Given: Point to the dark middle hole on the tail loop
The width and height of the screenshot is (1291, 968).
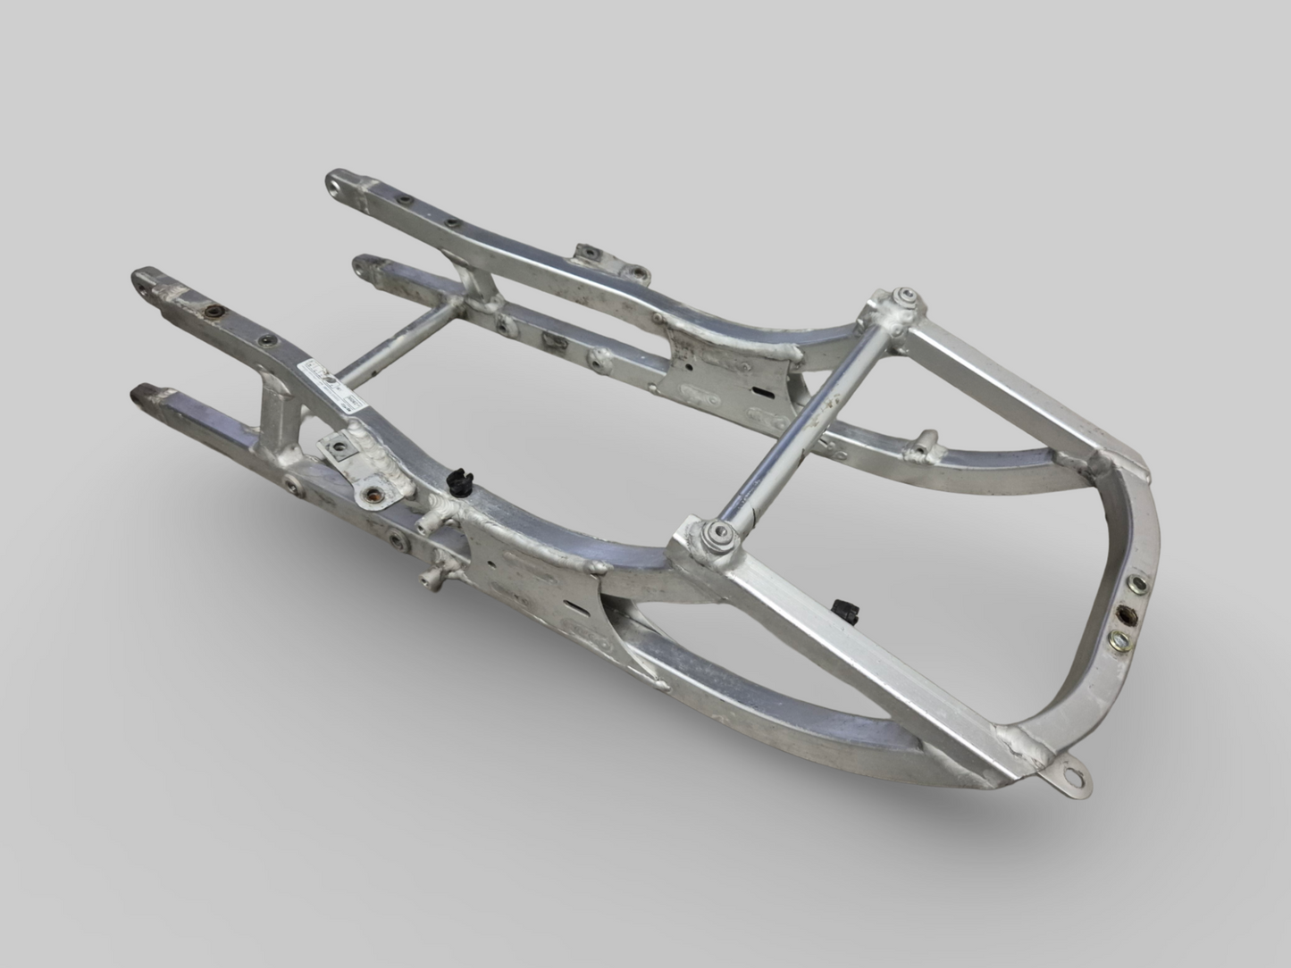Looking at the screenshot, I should tap(1127, 616).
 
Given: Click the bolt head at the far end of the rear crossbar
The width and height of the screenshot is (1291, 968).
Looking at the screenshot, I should tap(905, 296).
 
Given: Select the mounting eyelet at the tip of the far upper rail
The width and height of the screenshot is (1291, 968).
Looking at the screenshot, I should tap(338, 185).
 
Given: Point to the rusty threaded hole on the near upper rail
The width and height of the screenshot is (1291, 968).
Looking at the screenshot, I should tap(214, 312).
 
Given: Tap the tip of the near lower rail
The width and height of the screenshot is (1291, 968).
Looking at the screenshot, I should tap(143, 392).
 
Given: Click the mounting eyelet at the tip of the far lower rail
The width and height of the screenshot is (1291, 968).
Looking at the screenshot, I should tap(364, 263).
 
